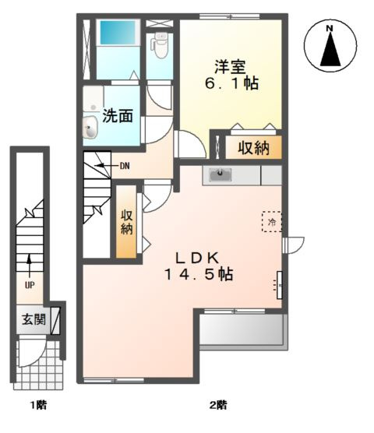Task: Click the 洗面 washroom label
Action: coord(118,116)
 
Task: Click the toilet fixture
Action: coord(161,47)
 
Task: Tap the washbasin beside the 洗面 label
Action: coord(90,124)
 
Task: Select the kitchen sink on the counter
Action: coord(220,174)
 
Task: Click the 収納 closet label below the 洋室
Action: coord(253,147)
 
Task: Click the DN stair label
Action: coord(124,166)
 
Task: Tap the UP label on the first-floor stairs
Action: coord(30,284)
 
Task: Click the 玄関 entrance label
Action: coord(33,319)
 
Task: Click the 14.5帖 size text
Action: coord(199,274)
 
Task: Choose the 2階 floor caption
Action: coord(217,405)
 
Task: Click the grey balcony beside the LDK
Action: coord(242,330)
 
